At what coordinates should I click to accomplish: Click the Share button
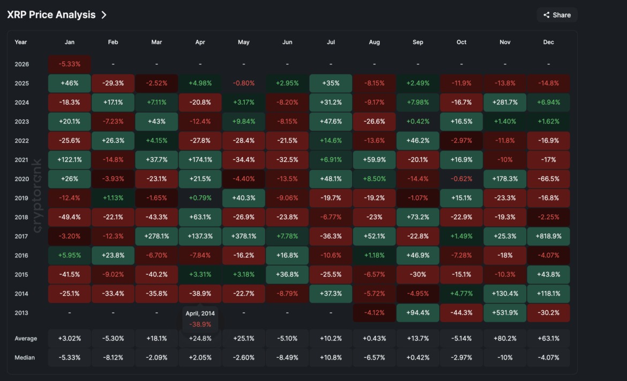[x=557, y=15]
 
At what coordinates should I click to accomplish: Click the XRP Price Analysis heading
[x=51, y=15]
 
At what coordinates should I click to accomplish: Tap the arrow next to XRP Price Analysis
[x=104, y=15]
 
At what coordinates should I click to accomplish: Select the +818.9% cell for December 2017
[x=548, y=236]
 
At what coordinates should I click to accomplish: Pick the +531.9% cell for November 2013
[x=505, y=313]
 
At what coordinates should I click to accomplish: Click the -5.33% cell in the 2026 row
[x=70, y=64]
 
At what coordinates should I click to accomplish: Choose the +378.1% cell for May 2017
[x=244, y=236]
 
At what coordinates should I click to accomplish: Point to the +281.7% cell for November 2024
[x=505, y=102]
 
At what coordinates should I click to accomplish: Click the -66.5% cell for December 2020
[x=548, y=179]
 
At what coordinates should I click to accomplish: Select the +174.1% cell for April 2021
[x=200, y=160]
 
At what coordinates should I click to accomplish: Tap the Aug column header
[x=375, y=42]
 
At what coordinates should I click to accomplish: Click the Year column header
[x=21, y=42]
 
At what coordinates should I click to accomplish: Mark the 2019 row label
[x=21, y=198]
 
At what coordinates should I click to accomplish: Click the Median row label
[x=25, y=357]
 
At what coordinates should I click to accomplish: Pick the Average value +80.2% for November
[x=505, y=339]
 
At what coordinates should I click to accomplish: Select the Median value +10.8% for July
[x=331, y=357]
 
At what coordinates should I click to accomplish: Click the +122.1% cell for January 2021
[x=70, y=160]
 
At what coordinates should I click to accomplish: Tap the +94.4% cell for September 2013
[x=418, y=313]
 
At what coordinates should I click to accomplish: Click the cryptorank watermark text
[x=38, y=196]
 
